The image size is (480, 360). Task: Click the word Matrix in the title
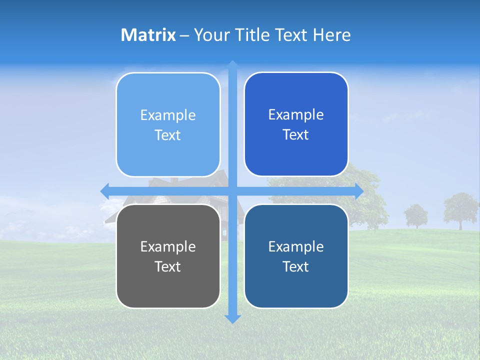(x=148, y=35)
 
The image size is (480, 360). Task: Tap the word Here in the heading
(x=331, y=35)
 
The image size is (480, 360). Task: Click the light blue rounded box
(x=168, y=124)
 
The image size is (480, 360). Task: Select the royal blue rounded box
(x=296, y=124)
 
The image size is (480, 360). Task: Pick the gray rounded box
(x=168, y=256)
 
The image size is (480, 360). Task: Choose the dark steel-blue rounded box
(x=296, y=256)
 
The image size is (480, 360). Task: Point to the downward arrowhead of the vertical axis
(x=232, y=318)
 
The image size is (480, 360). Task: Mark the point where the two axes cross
(x=232, y=191)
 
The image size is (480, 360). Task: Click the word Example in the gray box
(x=168, y=246)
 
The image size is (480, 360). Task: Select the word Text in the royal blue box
(x=296, y=134)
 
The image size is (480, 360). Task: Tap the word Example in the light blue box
(x=168, y=115)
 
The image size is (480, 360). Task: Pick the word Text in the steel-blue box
(x=296, y=266)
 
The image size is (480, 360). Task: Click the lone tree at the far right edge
(x=460, y=209)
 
